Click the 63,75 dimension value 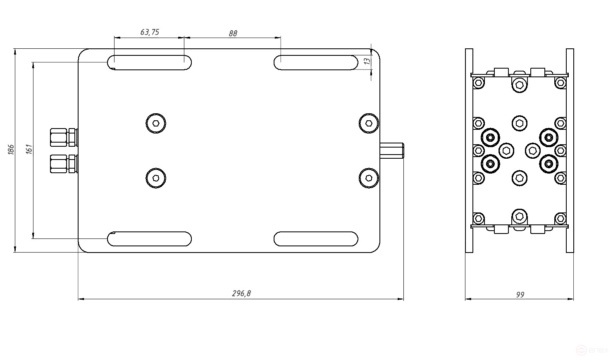pyautogui.click(x=150, y=32)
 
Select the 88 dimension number pyautogui.click(x=233, y=33)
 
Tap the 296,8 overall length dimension pyautogui.click(x=241, y=293)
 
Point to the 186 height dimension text pyautogui.click(x=11, y=149)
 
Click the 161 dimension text pyautogui.click(x=29, y=149)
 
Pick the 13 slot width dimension pyautogui.click(x=367, y=61)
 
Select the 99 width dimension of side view pyautogui.click(x=520, y=295)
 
